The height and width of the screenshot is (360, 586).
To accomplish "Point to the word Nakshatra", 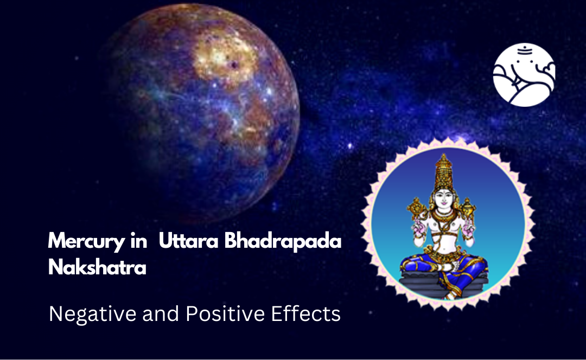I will (x=97, y=267).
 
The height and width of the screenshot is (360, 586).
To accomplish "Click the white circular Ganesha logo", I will (x=524, y=75).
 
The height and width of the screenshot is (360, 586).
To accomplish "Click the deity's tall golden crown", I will (x=444, y=171).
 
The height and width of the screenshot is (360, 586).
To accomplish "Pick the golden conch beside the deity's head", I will (x=468, y=207).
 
